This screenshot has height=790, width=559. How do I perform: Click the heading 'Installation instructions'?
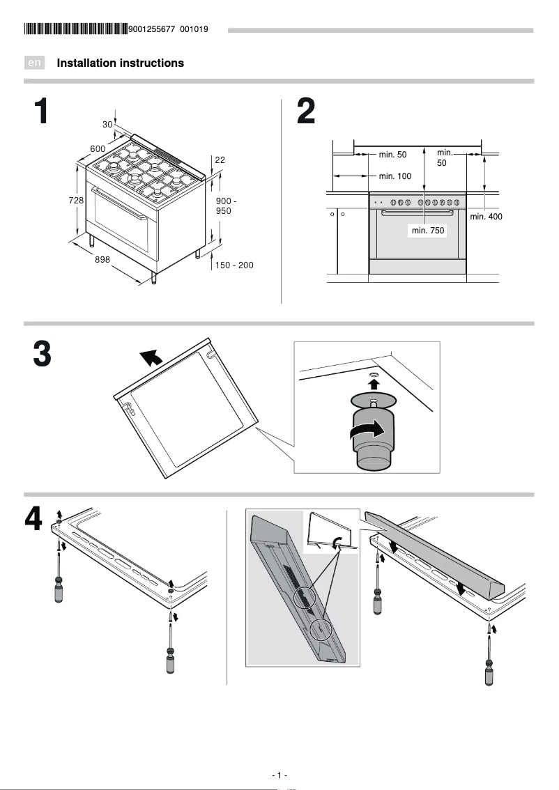[x=121, y=63]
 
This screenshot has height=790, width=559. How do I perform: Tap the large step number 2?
[x=306, y=112]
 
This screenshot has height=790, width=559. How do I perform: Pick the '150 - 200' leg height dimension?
[x=234, y=265]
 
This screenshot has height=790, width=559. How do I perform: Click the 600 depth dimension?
[x=98, y=148]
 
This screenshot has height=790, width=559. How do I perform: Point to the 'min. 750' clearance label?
[x=428, y=230]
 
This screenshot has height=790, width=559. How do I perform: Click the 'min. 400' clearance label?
[x=486, y=217]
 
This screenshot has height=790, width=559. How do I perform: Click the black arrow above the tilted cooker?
[x=152, y=357]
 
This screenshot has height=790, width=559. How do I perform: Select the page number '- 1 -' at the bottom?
[x=279, y=775]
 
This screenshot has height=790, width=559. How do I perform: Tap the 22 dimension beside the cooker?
[x=220, y=160]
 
